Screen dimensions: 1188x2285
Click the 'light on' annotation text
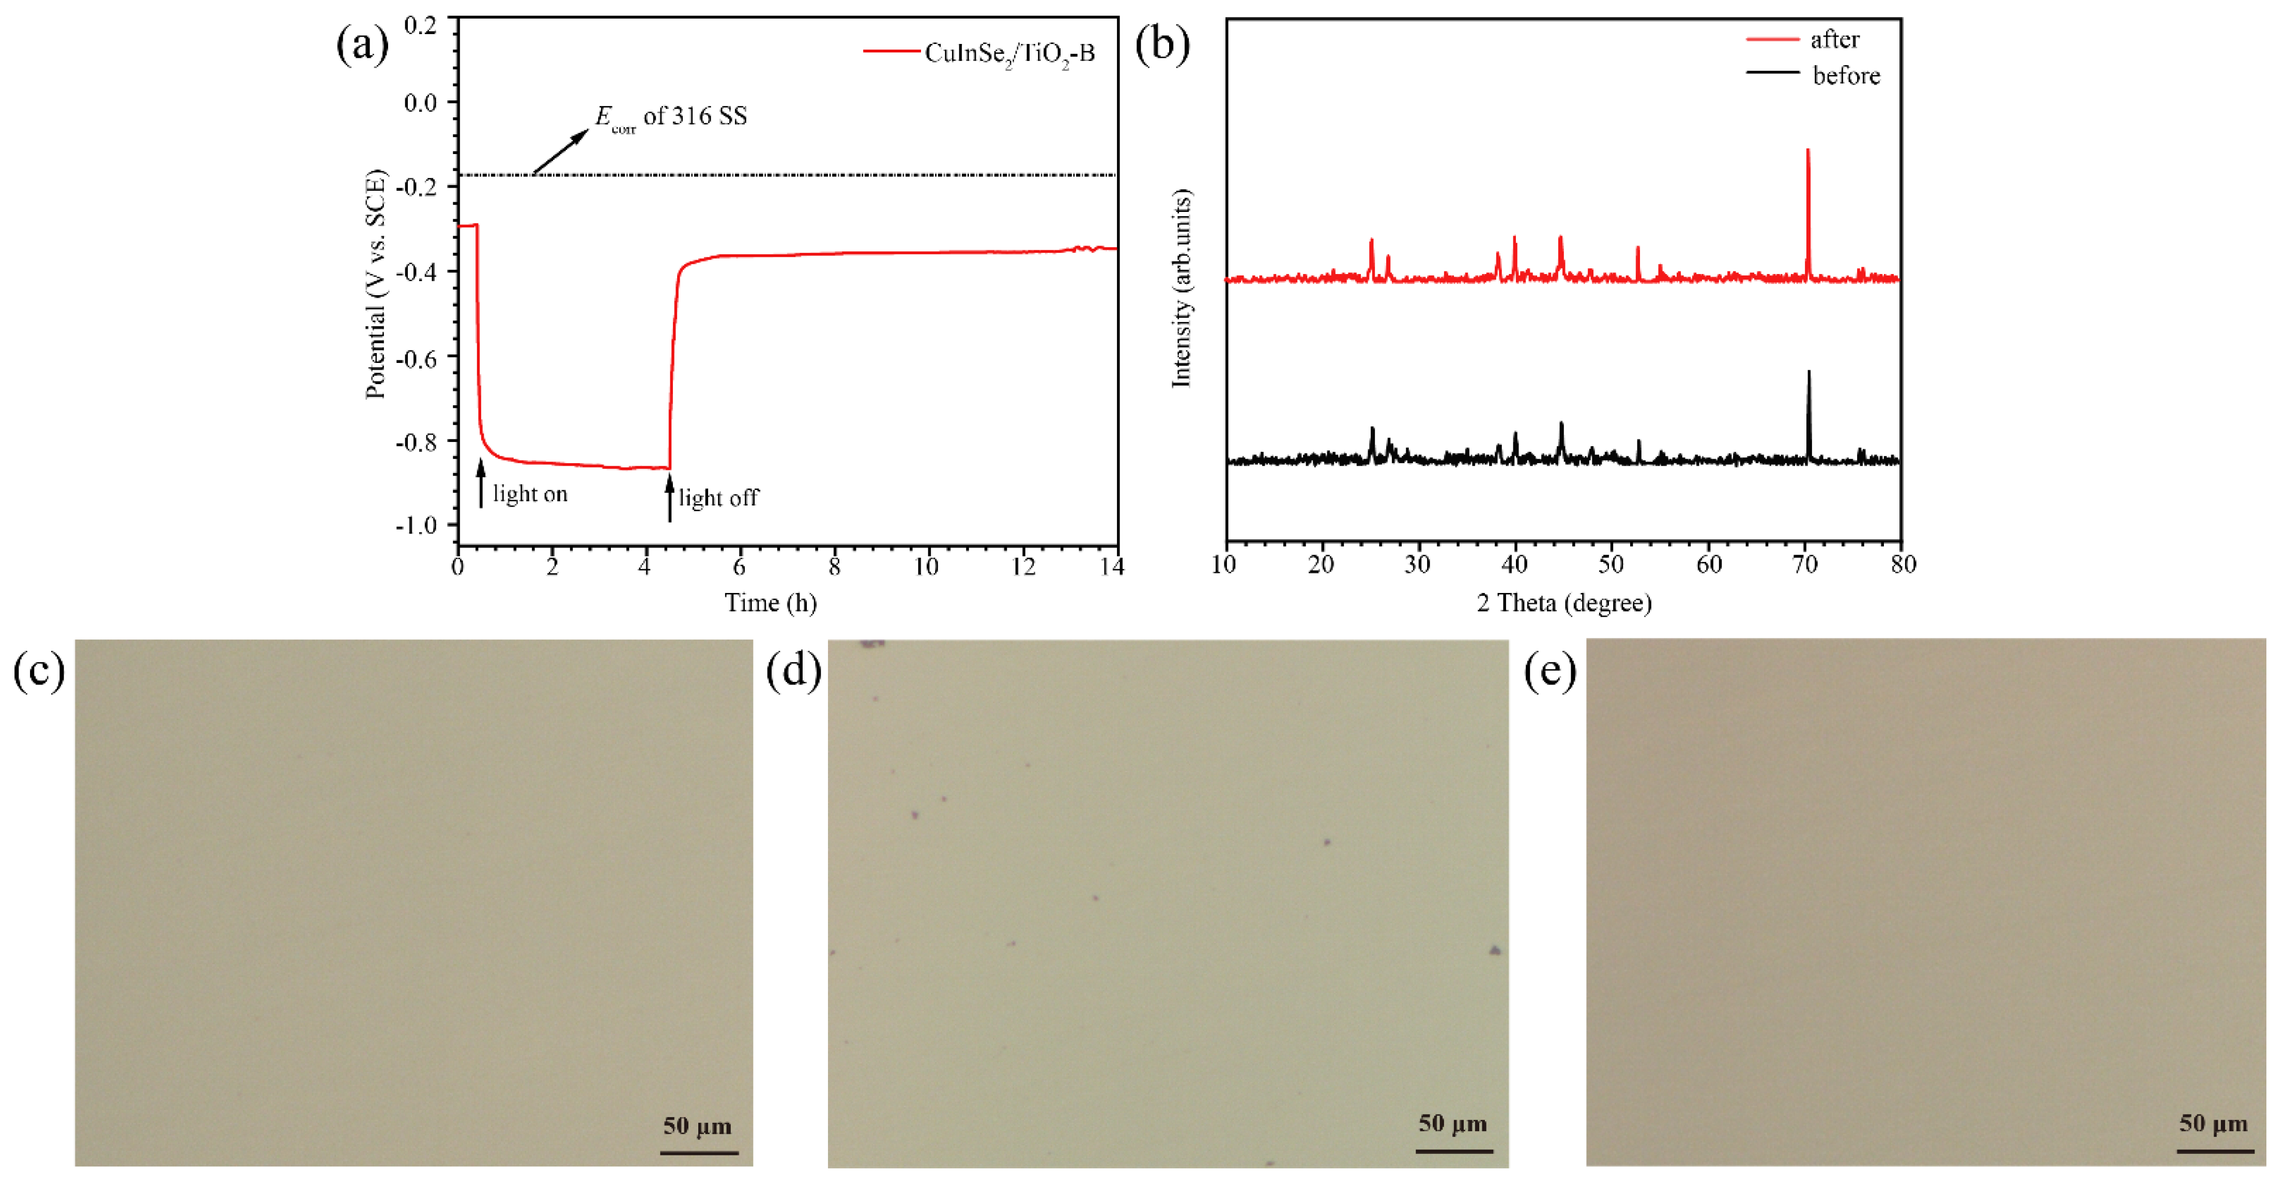click(530, 494)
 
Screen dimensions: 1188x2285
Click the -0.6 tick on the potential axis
click(416, 358)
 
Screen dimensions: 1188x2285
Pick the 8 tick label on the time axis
click(834, 566)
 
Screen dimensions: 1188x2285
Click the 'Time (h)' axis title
click(770, 603)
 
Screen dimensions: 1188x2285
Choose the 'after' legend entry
click(1834, 40)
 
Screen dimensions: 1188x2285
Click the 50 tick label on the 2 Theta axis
click(1611, 565)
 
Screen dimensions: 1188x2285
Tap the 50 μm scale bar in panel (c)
click(699, 1152)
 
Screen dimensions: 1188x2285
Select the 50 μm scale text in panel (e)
click(2213, 1123)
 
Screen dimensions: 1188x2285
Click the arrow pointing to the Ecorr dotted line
click(561, 151)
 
